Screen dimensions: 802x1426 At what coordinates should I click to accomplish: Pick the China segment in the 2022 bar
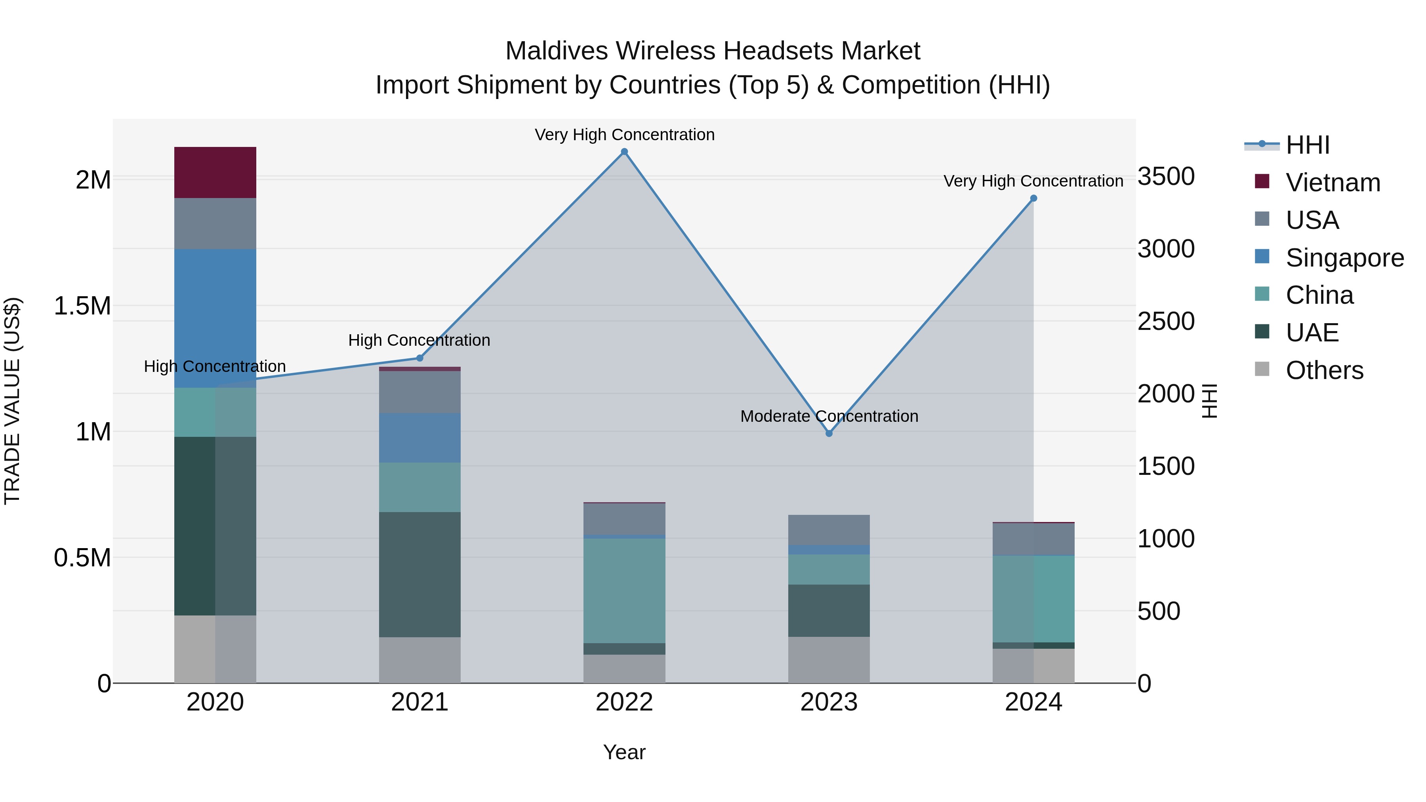(x=624, y=590)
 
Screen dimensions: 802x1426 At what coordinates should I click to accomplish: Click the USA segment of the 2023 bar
(x=829, y=530)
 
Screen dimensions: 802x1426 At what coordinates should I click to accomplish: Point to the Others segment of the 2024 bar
(x=1033, y=665)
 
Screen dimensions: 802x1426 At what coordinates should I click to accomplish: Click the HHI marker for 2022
(x=624, y=152)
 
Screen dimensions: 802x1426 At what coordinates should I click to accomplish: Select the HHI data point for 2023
(x=829, y=433)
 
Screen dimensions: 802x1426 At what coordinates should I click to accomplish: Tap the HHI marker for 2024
(x=1033, y=198)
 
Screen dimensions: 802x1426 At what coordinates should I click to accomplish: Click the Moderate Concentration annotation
(x=829, y=416)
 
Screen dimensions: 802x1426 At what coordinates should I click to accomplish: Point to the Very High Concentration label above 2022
(x=624, y=135)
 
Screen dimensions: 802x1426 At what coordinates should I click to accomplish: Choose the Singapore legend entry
(x=1344, y=258)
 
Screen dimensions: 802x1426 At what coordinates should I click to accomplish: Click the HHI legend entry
(x=1307, y=145)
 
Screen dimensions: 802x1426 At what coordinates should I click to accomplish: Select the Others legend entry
(x=1324, y=370)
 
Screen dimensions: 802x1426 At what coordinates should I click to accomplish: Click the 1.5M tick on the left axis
(x=82, y=306)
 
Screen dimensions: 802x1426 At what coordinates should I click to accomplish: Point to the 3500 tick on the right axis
(x=1166, y=177)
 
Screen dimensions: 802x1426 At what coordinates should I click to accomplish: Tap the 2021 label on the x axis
(x=419, y=702)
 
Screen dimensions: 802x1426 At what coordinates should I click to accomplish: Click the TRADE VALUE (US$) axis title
(x=12, y=401)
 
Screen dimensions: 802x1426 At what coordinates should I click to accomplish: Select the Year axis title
(x=624, y=752)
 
